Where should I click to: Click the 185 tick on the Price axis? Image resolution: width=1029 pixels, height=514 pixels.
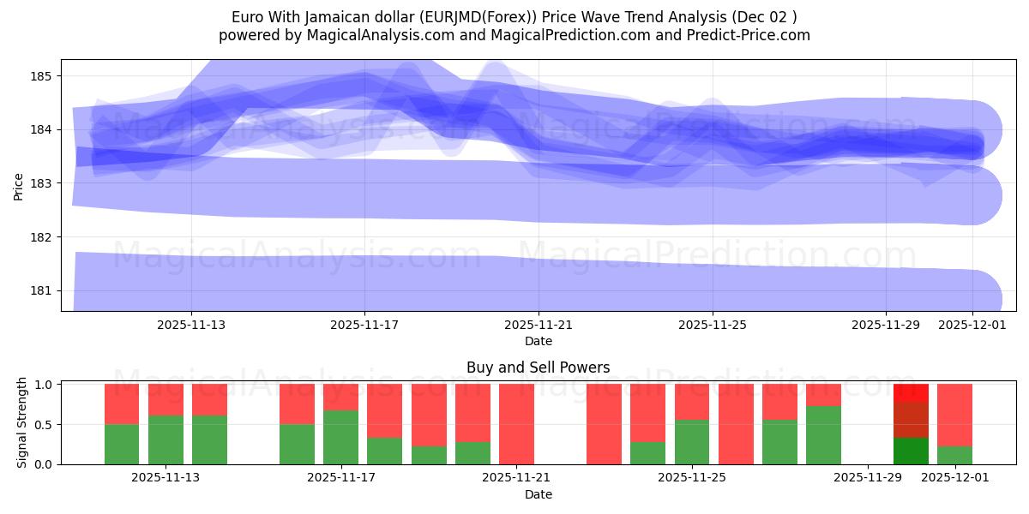click(x=43, y=76)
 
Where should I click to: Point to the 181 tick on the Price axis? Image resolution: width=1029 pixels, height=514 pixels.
click(x=43, y=290)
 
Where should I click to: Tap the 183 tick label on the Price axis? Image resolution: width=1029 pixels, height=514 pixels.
click(x=43, y=183)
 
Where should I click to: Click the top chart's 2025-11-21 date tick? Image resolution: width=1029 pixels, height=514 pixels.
click(x=539, y=325)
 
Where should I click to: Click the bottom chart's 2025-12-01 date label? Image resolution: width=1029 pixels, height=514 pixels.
click(x=954, y=477)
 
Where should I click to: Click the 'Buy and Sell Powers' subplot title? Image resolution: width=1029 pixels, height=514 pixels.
click(x=538, y=368)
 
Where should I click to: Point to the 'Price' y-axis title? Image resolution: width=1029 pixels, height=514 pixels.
click(x=19, y=185)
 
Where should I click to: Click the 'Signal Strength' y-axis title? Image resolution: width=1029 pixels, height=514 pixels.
click(x=22, y=422)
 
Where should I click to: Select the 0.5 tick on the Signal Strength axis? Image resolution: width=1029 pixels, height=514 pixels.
click(x=42, y=424)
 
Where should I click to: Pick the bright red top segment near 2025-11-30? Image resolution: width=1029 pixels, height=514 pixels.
click(x=911, y=392)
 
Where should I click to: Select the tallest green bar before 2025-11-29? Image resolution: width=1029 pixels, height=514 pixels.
click(x=823, y=435)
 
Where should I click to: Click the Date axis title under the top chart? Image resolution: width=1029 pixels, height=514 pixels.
click(x=538, y=341)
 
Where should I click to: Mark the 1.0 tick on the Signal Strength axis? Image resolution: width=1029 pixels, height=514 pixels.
click(x=42, y=384)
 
